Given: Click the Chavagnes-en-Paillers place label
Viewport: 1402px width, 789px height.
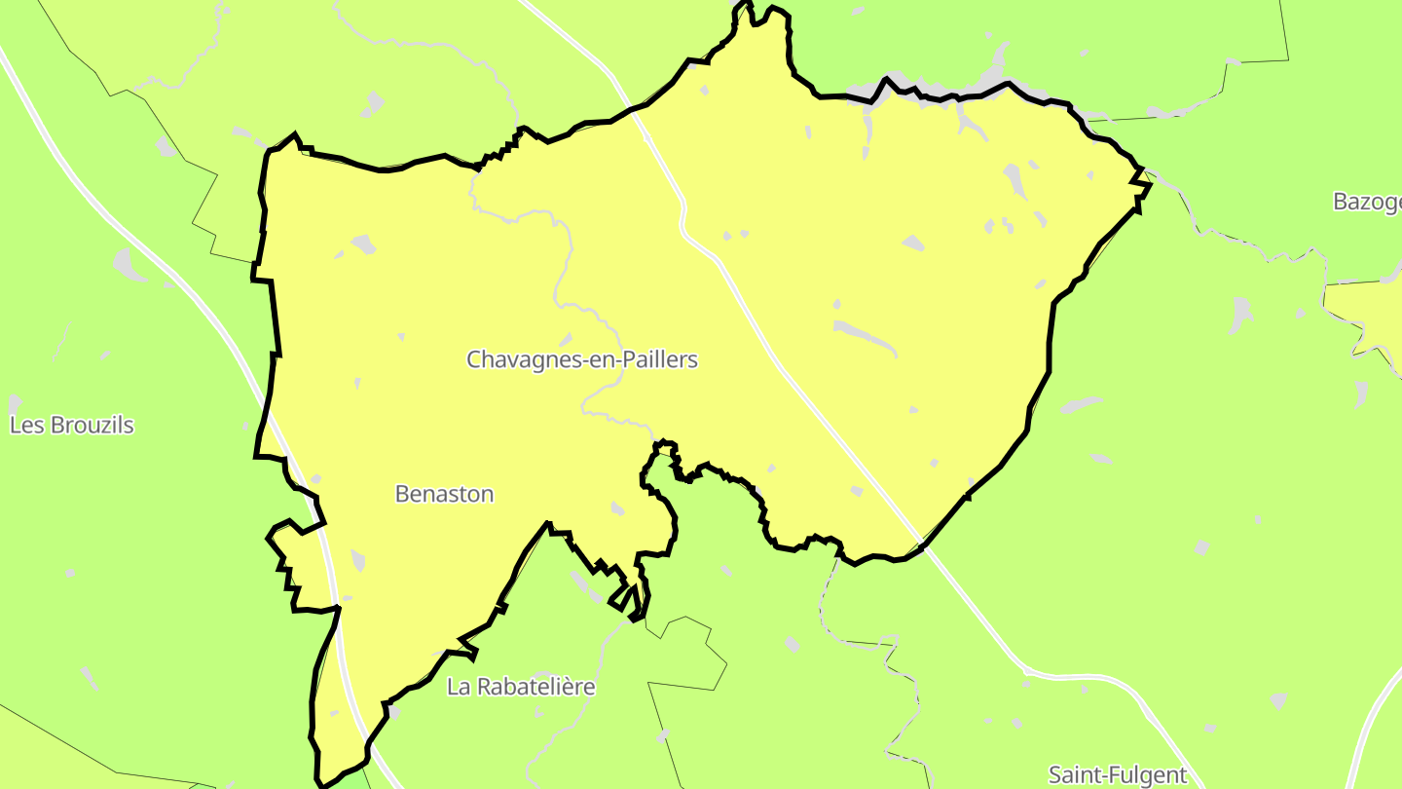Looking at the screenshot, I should coord(582,359).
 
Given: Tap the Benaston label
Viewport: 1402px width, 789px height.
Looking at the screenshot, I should coord(444,494).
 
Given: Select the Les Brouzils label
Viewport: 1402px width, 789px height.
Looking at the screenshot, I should coord(72,426).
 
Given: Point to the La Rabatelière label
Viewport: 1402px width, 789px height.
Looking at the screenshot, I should coord(521,687).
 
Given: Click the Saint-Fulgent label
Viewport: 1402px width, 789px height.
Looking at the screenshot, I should coord(1118,775).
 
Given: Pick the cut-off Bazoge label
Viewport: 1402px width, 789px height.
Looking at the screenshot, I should coord(1367,203).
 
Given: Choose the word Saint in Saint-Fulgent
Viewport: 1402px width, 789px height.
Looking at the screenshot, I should coord(1072,775).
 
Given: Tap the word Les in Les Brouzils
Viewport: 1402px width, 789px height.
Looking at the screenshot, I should coord(24,426).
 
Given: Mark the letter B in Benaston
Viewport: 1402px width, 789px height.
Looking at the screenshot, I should coord(402,494).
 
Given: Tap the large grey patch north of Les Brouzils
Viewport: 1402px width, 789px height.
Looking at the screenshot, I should coord(125,262).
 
